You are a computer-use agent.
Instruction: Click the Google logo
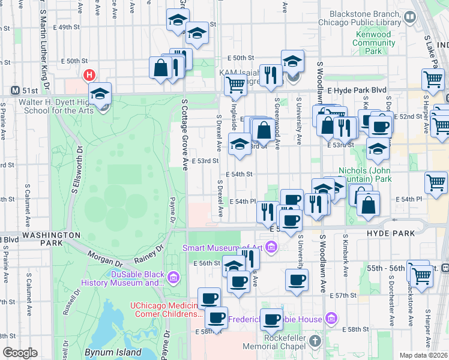(x=19, y=353)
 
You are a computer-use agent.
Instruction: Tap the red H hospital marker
(x=89, y=76)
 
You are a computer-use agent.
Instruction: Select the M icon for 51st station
(x=16, y=91)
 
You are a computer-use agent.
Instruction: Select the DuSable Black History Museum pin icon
(x=174, y=277)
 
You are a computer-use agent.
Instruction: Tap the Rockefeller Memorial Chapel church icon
(x=316, y=341)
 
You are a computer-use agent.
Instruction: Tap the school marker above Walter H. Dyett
(x=100, y=94)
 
